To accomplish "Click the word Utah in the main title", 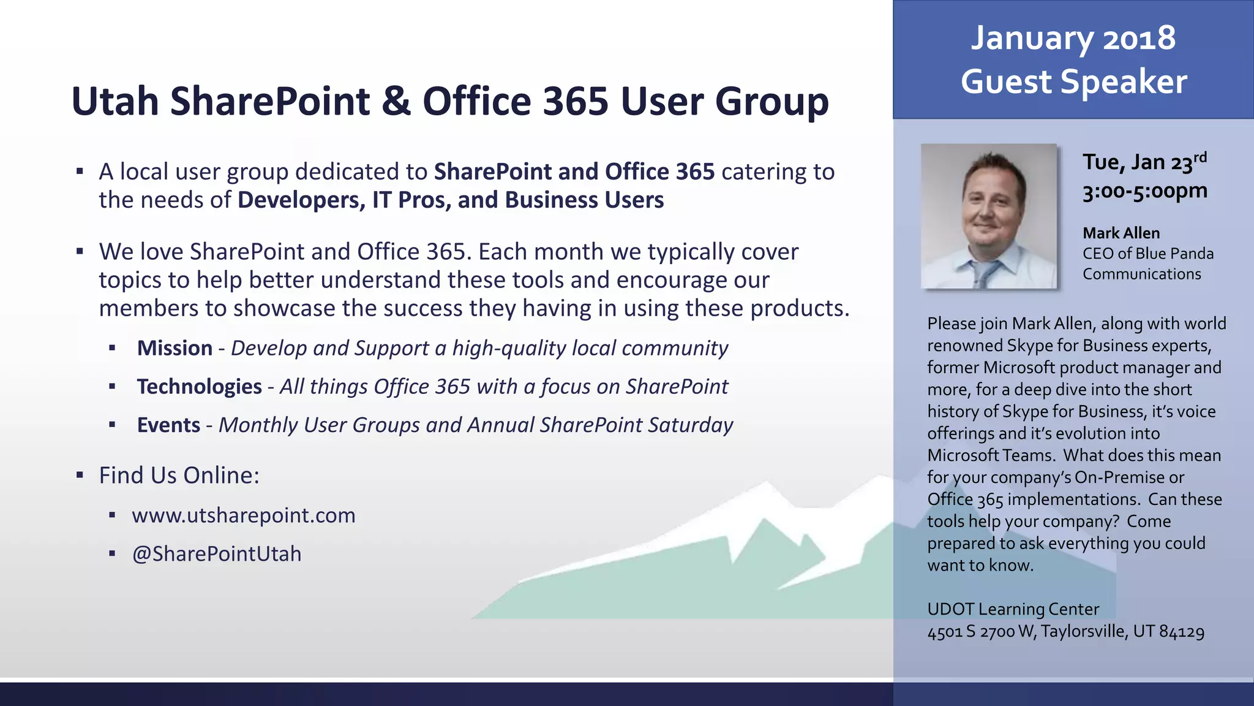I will tap(115, 101).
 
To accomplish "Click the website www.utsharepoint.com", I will tap(243, 515).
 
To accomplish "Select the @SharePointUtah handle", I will tap(217, 554).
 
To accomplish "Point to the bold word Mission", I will tap(175, 348).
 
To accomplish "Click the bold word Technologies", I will tap(199, 387).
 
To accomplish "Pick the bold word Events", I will tap(168, 425).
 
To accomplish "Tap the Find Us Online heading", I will tap(179, 476).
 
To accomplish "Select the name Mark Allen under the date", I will tap(1121, 233).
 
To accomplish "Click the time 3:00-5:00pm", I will tap(1144, 191).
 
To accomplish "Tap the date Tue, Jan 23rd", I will tap(1143, 162).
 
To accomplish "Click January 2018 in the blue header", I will tap(1073, 38).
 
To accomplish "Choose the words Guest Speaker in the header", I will tap(1073, 82).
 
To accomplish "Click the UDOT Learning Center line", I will tap(1013, 609).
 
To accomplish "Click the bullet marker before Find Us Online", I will tap(80, 475).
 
